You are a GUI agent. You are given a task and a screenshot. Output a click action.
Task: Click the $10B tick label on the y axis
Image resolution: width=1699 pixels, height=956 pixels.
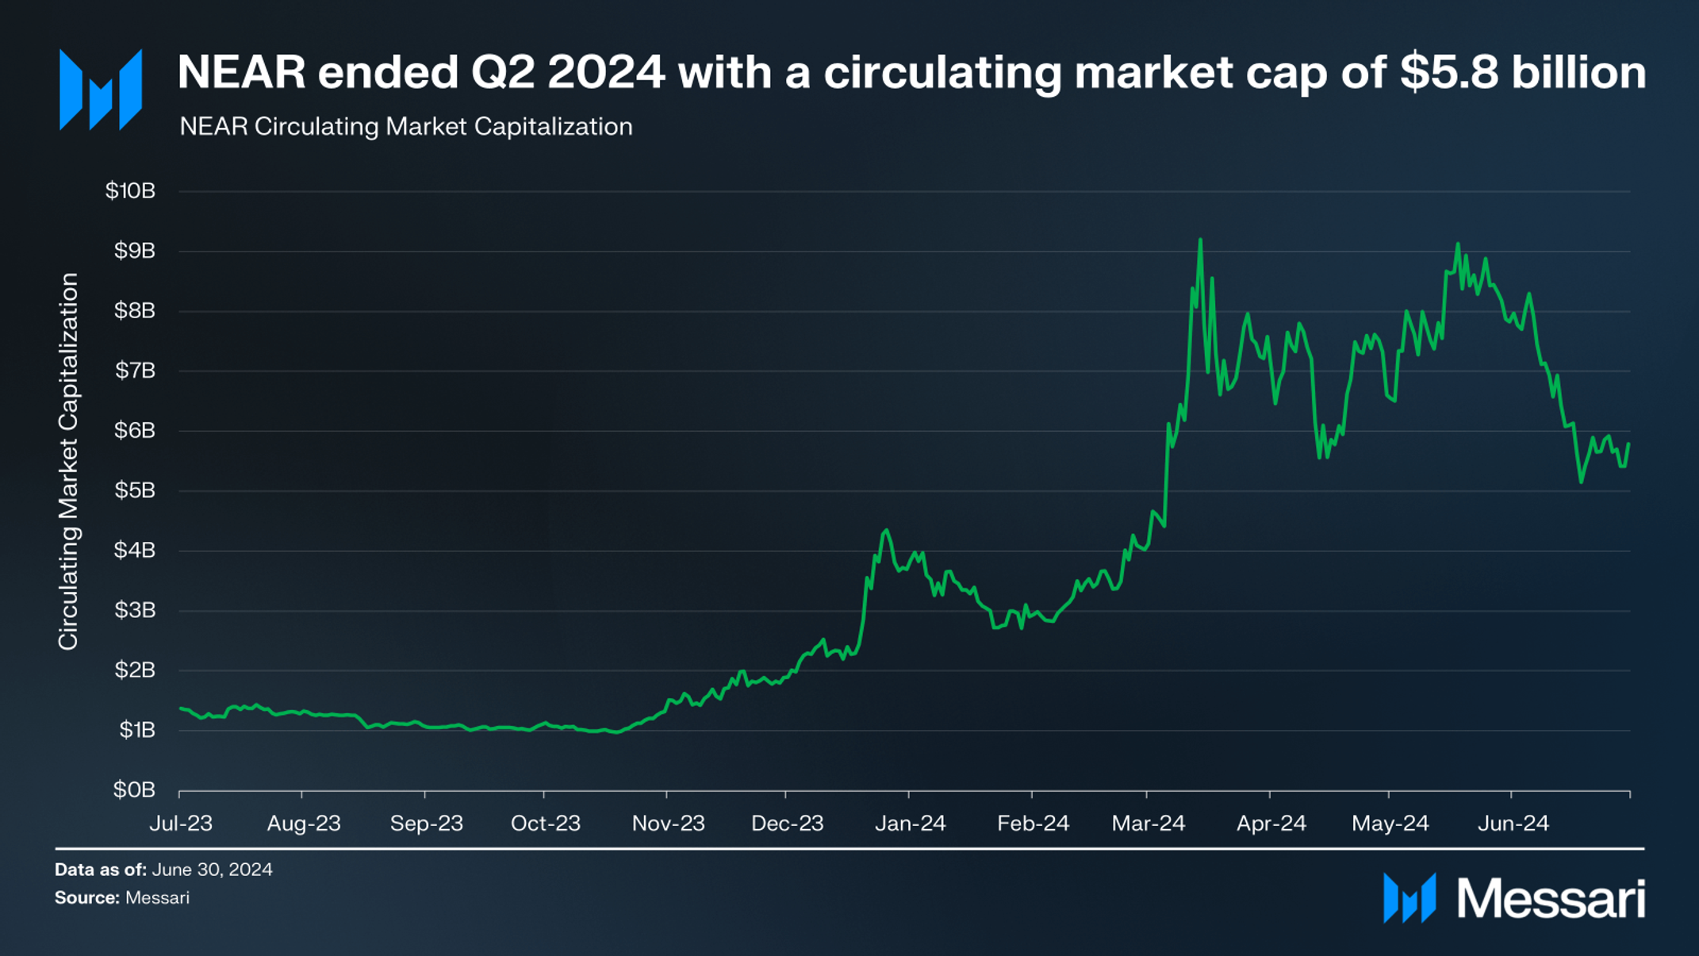click(x=130, y=191)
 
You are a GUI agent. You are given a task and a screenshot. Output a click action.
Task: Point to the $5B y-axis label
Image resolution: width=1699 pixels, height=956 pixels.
click(x=134, y=490)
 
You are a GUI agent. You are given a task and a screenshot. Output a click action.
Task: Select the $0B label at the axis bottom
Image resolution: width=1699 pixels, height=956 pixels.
click(x=134, y=789)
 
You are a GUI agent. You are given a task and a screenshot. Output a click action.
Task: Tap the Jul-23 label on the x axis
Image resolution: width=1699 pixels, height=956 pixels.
click(x=181, y=824)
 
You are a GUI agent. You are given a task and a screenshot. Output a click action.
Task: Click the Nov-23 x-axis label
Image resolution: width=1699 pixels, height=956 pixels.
click(x=668, y=824)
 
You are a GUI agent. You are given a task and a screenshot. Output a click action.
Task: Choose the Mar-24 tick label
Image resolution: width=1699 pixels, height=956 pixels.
click(x=1148, y=824)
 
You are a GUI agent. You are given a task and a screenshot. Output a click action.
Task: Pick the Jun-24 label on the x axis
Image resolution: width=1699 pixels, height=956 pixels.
click(x=1513, y=824)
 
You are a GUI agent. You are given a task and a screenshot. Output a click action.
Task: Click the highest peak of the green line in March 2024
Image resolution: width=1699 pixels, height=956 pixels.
click(x=1200, y=240)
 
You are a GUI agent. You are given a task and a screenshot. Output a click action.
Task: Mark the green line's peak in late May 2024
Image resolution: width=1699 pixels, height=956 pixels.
click(x=1458, y=244)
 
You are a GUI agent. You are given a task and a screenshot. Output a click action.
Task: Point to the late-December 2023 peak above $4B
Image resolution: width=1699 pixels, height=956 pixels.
click(x=886, y=531)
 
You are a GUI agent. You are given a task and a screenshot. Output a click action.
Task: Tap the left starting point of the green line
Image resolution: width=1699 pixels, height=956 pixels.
click(x=181, y=708)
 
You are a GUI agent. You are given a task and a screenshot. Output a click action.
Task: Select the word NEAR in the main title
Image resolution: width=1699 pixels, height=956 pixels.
click(x=241, y=73)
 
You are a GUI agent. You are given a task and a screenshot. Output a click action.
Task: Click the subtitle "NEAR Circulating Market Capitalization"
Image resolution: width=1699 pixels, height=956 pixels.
click(x=405, y=127)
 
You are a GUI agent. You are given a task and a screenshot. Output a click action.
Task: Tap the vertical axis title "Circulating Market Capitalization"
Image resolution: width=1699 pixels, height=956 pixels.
click(x=69, y=462)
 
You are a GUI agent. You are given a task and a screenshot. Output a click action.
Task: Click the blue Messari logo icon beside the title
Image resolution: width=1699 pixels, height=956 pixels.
click(x=101, y=90)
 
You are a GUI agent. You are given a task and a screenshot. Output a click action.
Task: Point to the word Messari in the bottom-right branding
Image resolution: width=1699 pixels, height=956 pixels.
click(x=1551, y=899)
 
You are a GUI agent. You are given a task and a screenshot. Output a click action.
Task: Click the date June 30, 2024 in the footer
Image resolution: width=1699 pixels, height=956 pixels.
click(x=212, y=870)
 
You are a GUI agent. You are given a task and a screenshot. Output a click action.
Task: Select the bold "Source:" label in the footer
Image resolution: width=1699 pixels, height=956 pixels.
click(x=86, y=898)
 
